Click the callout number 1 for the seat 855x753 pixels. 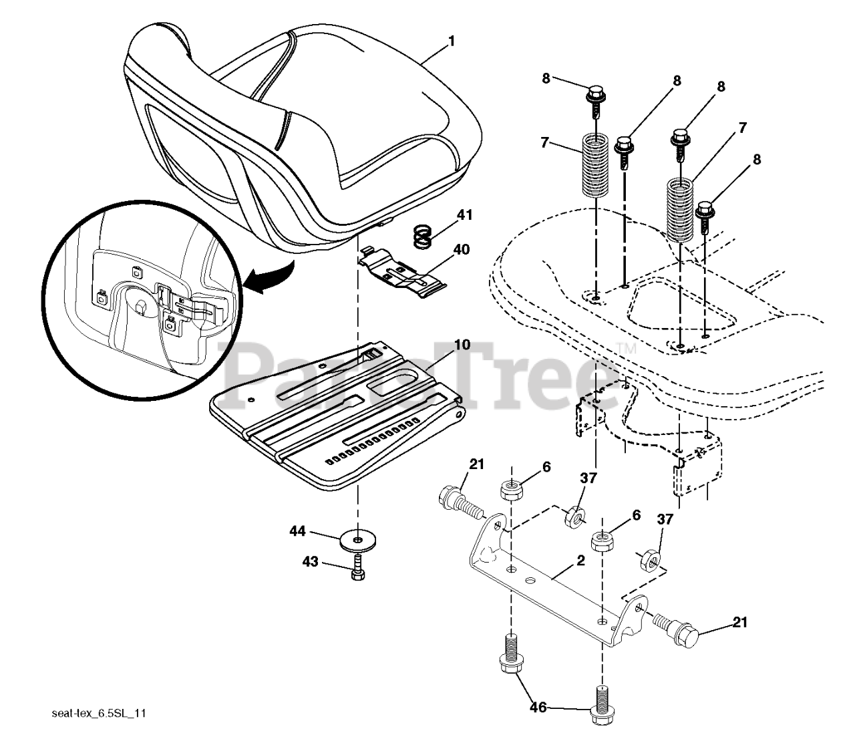(x=452, y=41)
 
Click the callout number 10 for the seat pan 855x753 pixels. (x=462, y=345)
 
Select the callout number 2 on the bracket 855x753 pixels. (x=580, y=561)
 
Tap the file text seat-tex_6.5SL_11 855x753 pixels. (x=99, y=713)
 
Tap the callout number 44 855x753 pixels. (x=297, y=531)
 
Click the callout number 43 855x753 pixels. (x=309, y=563)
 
